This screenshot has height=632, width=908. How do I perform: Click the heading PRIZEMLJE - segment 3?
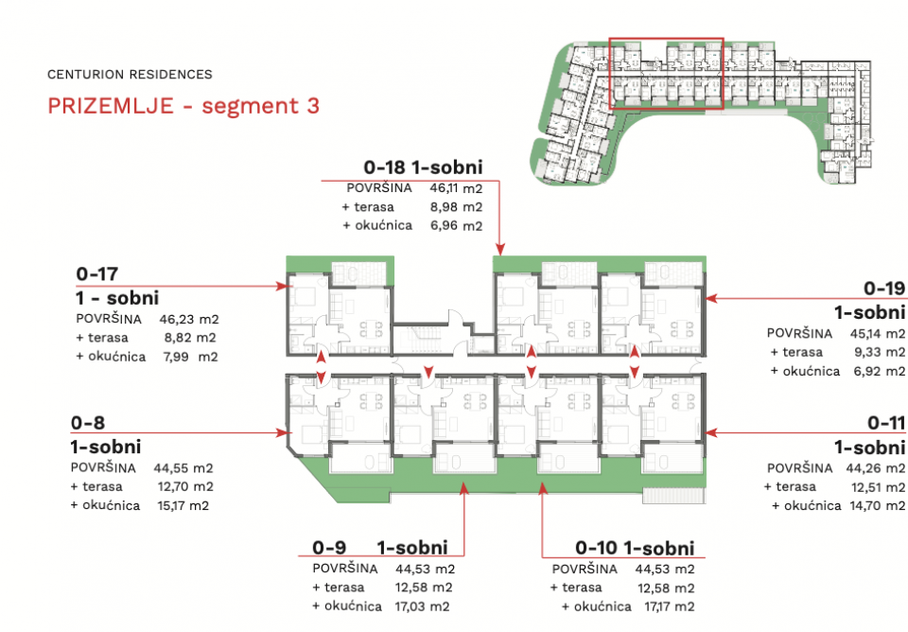(x=183, y=106)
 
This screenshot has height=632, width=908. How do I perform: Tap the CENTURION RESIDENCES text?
(x=130, y=75)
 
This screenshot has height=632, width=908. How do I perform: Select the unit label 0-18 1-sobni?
(x=423, y=167)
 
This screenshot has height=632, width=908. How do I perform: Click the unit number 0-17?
(x=96, y=273)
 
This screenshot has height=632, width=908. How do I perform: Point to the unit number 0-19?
(x=884, y=288)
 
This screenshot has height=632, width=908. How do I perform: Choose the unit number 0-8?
(x=88, y=423)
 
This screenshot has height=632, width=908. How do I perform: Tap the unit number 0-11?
(x=886, y=423)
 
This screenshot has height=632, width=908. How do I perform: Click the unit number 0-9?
(x=329, y=548)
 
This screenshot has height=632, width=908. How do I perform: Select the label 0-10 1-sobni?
(x=635, y=548)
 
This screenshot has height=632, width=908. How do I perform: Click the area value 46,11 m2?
(x=456, y=188)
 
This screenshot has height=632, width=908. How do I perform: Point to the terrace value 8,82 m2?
(x=190, y=338)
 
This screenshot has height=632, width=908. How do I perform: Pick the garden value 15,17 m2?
(x=183, y=506)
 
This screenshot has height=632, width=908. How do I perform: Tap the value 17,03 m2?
(x=422, y=606)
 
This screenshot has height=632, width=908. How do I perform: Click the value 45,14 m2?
(x=878, y=334)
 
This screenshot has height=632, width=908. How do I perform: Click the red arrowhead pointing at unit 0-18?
(x=500, y=250)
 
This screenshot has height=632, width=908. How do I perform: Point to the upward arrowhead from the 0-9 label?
(x=463, y=488)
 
